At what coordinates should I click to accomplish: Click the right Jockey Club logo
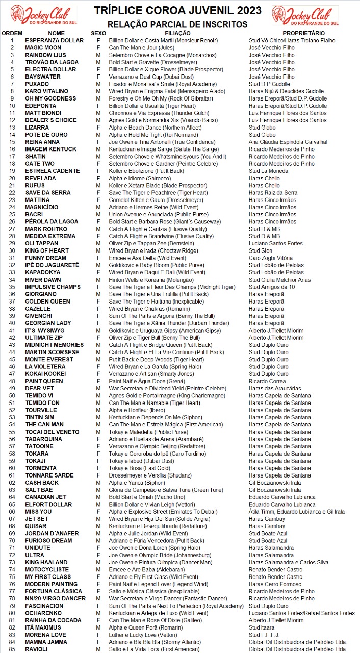click(x=313, y=15)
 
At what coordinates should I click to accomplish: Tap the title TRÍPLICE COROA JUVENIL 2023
click(x=178, y=11)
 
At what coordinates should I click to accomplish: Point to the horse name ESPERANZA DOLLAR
click(x=54, y=40)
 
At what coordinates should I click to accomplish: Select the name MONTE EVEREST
click(x=49, y=359)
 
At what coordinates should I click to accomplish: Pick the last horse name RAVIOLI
click(x=36, y=649)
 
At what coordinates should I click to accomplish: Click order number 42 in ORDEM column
click(x=12, y=338)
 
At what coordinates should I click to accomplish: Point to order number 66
click(x=12, y=512)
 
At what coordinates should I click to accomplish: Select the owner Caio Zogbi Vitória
click(x=270, y=258)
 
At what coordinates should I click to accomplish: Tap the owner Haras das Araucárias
click(x=275, y=388)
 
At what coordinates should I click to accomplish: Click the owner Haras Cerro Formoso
click(x=275, y=584)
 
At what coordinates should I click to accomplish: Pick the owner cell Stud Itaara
click(x=262, y=627)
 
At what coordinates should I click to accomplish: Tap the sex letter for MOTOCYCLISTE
click(x=98, y=569)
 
